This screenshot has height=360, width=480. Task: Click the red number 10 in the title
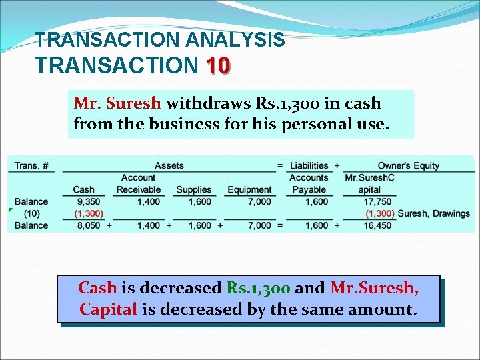(218, 65)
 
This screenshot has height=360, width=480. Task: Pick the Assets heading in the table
(169, 165)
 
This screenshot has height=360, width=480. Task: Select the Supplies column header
(193, 190)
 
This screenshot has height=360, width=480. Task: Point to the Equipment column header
(249, 190)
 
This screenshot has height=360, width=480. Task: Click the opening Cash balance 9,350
(89, 201)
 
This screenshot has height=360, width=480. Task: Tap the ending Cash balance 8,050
(89, 225)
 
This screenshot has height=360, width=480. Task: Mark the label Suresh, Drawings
(434, 213)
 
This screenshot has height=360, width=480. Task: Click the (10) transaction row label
(31, 213)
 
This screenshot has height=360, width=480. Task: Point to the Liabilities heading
(309, 165)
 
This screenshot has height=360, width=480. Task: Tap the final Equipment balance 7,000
(259, 225)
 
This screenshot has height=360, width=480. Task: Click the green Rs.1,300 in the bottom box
(258, 288)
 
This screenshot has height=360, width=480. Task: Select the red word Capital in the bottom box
(108, 309)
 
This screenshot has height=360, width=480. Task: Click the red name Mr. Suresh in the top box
(117, 103)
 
